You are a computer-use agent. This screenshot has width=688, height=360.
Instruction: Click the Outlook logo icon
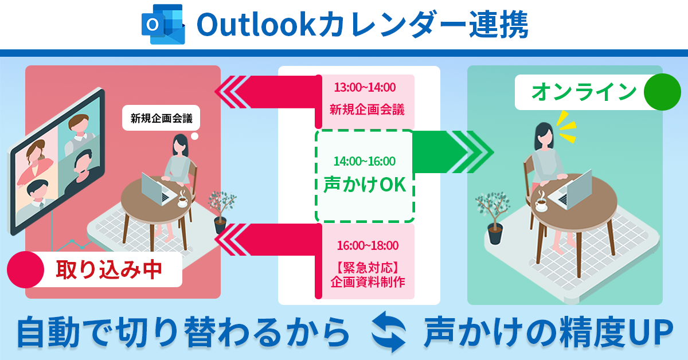pyautogui.click(x=163, y=24)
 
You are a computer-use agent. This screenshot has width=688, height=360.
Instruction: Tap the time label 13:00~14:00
pyautogui.click(x=365, y=88)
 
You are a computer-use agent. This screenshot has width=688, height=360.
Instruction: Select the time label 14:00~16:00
pyautogui.click(x=365, y=161)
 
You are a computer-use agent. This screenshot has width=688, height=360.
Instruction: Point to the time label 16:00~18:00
pyautogui.click(x=368, y=245)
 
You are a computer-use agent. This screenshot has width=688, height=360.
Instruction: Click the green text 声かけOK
pyautogui.click(x=365, y=185)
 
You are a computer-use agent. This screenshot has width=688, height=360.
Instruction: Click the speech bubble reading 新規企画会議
pyautogui.click(x=161, y=118)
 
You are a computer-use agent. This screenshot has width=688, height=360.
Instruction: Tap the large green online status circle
pyautogui.click(x=662, y=92)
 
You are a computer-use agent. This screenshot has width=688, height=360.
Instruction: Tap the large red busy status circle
pyautogui.click(x=25, y=269)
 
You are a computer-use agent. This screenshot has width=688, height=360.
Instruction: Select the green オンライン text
pyautogui.click(x=584, y=92)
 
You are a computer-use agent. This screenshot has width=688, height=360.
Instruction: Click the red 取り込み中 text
pyautogui.click(x=109, y=270)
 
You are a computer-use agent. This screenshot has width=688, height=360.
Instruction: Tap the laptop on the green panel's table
pyautogui.click(x=571, y=190)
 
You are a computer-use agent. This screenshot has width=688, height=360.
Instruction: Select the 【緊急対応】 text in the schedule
pyautogui.click(x=368, y=268)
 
